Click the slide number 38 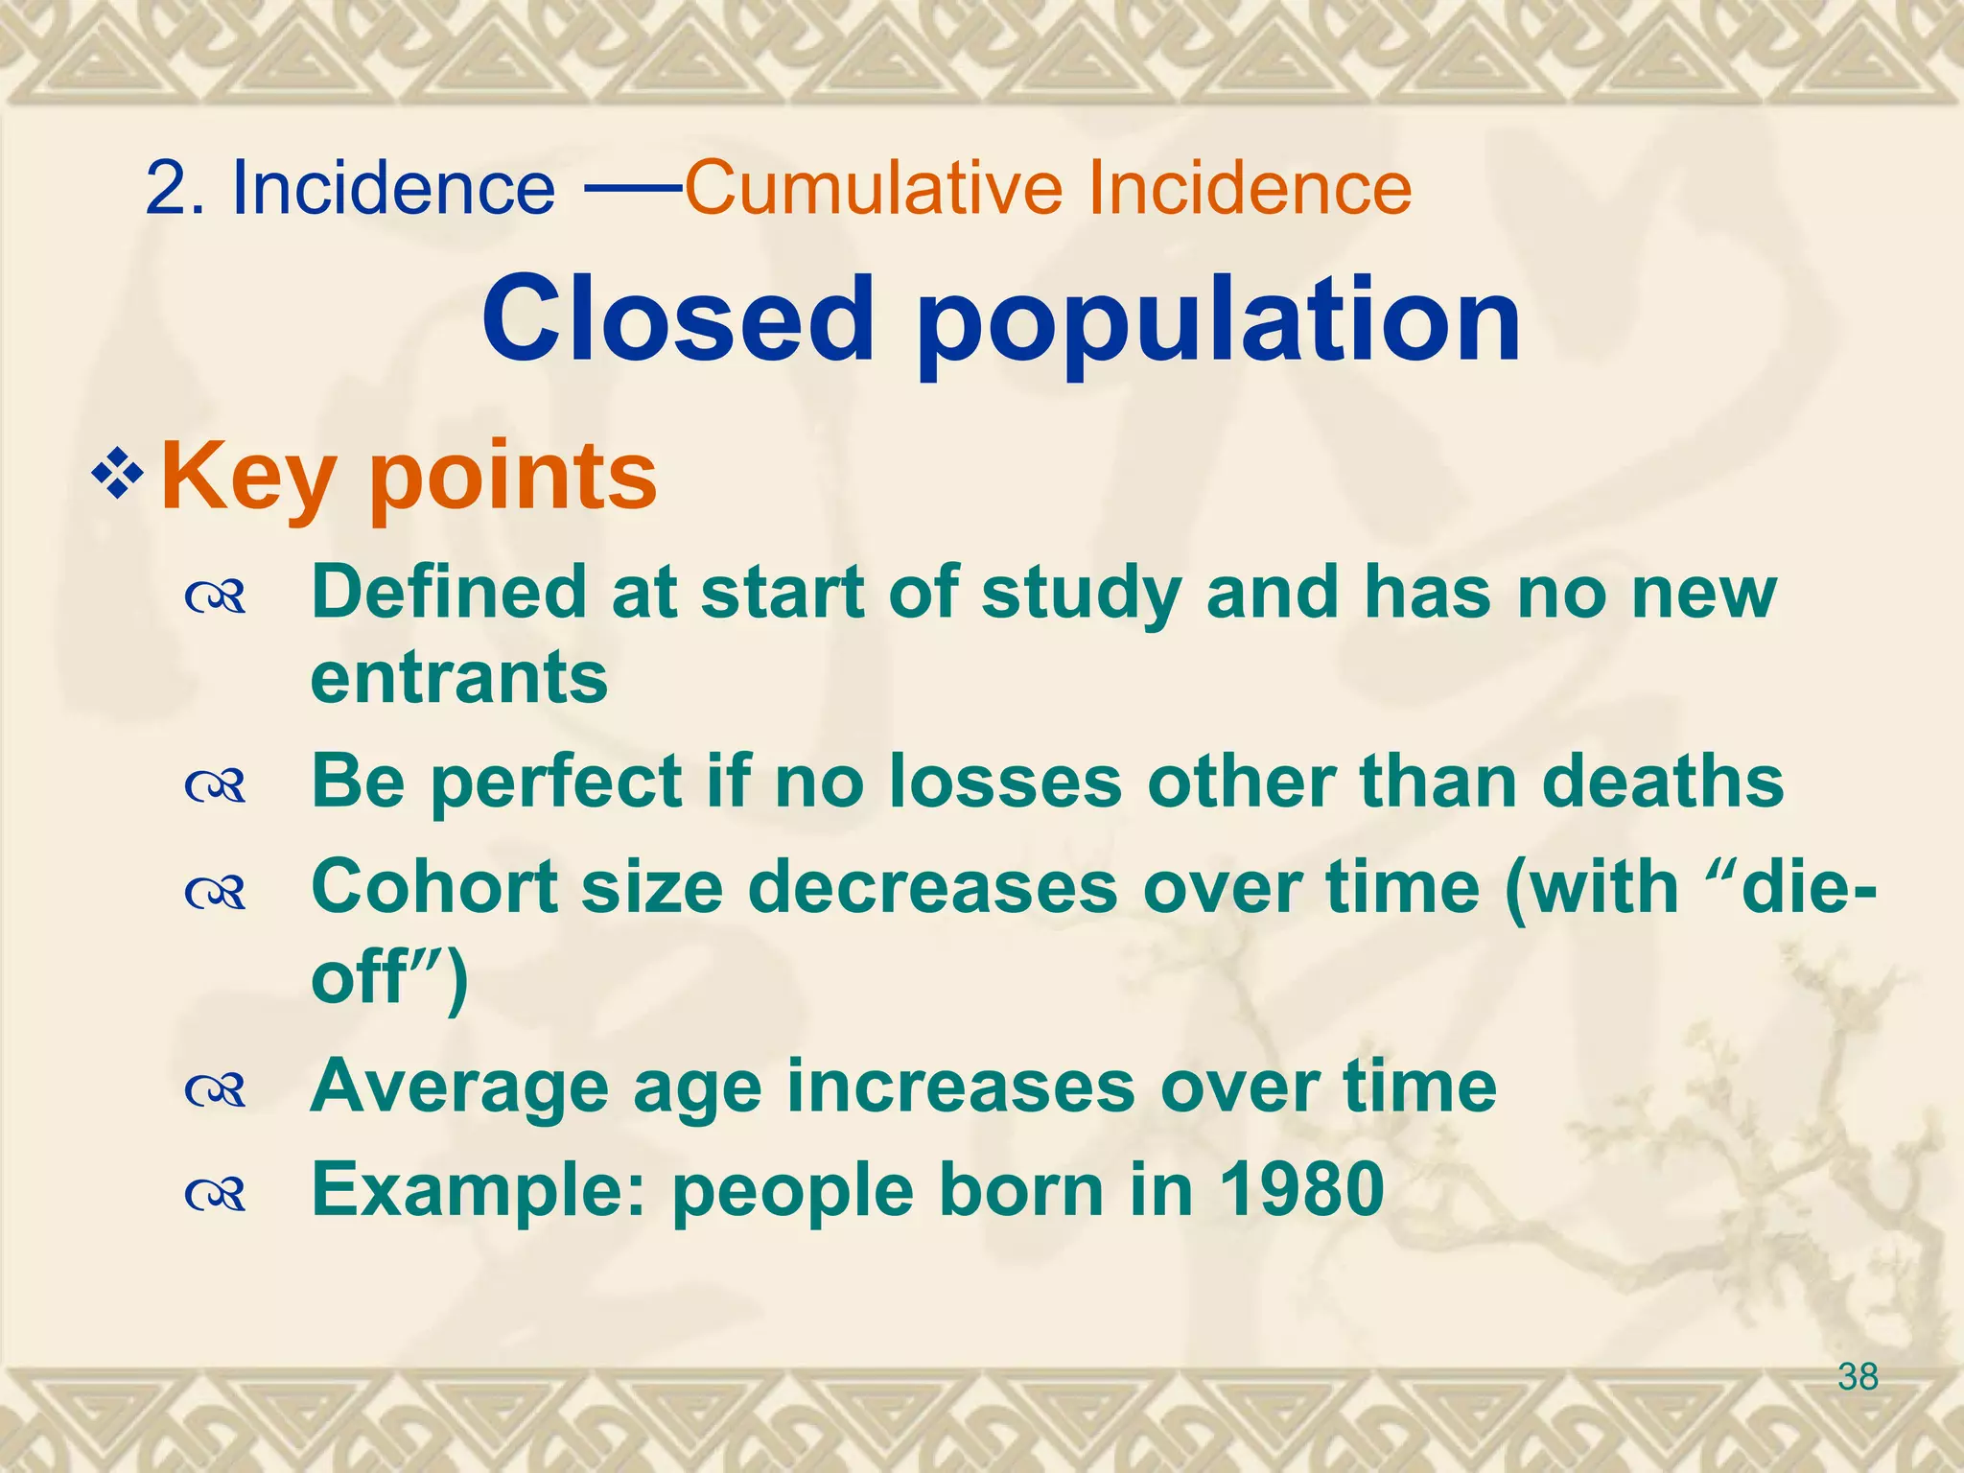1858,1377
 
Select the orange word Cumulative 874,187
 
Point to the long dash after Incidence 632,189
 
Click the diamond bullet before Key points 117,473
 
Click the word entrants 459,677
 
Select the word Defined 448,592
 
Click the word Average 458,1087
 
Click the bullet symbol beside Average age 216,1090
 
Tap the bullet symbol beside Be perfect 216,786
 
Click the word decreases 931,886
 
